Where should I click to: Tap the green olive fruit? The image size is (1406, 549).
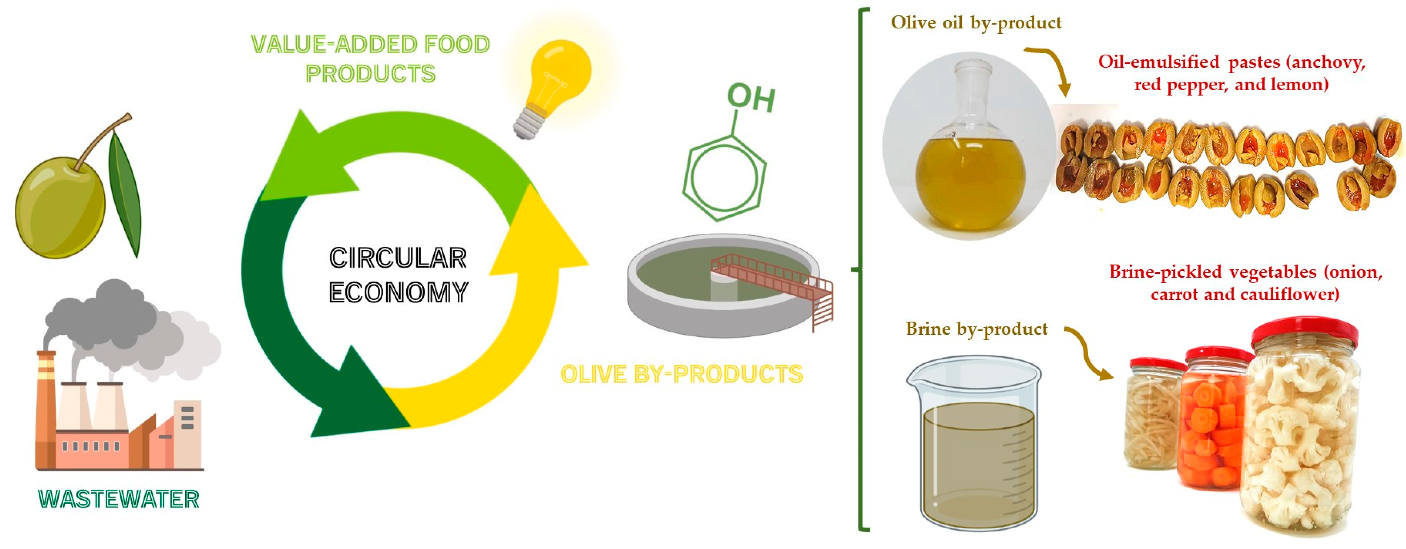click(x=60, y=208)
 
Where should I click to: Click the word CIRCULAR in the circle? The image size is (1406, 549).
click(x=398, y=258)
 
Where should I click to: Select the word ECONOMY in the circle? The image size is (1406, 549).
click(x=398, y=292)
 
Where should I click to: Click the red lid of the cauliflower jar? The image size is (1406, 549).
click(x=1304, y=333)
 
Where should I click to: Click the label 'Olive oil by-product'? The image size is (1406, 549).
click(x=976, y=23)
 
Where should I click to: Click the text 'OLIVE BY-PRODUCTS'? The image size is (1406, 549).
click(x=682, y=374)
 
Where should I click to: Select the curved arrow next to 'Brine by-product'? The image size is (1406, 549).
click(x=1089, y=352)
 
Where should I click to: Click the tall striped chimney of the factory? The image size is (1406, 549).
click(x=46, y=410)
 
